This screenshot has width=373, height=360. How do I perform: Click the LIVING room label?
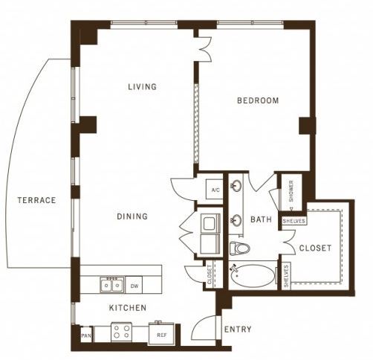pyautogui.click(x=143, y=86)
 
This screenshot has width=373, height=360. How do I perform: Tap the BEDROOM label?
pyautogui.click(x=258, y=100)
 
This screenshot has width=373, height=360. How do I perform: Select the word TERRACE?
pyautogui.click(x=36, y=200)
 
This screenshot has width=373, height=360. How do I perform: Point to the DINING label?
pyautogui.click(x=132, y=216)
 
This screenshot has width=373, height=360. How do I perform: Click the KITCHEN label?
pyautogui.click(x=128, y=308)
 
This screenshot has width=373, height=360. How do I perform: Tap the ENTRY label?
pyautogui.click(x=238, y=330)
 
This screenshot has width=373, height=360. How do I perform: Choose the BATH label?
pyautogui.click(x=261, y=219)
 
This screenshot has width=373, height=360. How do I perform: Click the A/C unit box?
pyautogui.click(x=215, y=190)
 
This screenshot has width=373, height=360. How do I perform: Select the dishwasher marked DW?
pyautogui.click(x=134, y=286)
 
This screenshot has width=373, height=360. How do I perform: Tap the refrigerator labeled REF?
pyautogui.click(x=161, y=334)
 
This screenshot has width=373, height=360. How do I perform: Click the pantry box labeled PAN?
pyautogui.click(x=86, y=335)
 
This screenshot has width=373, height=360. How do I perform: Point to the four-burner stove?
pyautogui.click(x=121, y=332)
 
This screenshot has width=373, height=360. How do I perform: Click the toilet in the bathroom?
pyautogui.click(x=239, y=248)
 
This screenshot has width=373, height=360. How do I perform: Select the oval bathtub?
pyautogui.click(x=253, y=276)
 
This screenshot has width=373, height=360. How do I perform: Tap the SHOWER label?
pyautogui.click(x=291, y=190)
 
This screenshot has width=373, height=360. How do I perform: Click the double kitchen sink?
pyautogui.click(x=111, y=284)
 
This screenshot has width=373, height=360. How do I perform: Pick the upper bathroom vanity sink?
pyautogui.click(x=236, y=185)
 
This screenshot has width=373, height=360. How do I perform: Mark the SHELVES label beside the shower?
pyautogui.click(x=294, y=221)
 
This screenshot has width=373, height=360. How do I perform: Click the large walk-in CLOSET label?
pyautogui.click(x=315, y=248)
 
